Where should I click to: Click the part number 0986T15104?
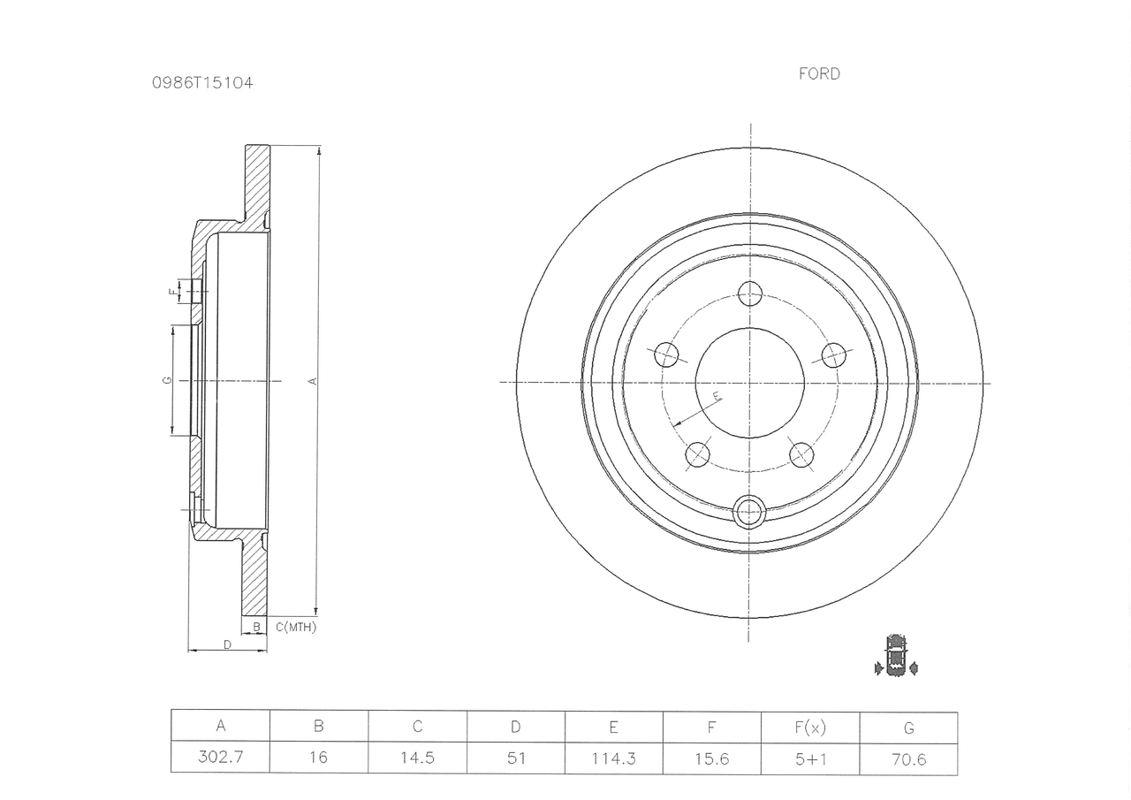[x=202, y=83]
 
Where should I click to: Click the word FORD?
[x=819, y=73]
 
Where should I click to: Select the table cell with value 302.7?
[x=221, y=757]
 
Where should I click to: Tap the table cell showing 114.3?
[x=613, y=758]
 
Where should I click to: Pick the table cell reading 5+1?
[x=810, y=759]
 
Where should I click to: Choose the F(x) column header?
[x=810, y=728]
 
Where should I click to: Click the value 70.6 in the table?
[x=909, y=759]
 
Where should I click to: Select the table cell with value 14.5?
[x=418, y=757]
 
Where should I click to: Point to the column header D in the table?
[x=515, y=727]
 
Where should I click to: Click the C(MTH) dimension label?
[x=296, y=628]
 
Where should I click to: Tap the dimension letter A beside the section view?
[x=313, y=381]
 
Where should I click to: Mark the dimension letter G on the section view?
[x=168, y=380]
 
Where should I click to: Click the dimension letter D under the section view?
[x=228, y=644]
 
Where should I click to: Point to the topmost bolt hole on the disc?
[x=750, y=293]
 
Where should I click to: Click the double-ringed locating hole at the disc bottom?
[x=748, y=512]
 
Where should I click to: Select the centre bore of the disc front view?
[x=749, y=383]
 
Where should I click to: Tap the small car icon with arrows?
[x=896, y=656]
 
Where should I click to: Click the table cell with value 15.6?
[x=712, y=758]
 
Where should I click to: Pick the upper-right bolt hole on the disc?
[x=833, y=355]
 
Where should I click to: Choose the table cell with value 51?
[x=515, y=758]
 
